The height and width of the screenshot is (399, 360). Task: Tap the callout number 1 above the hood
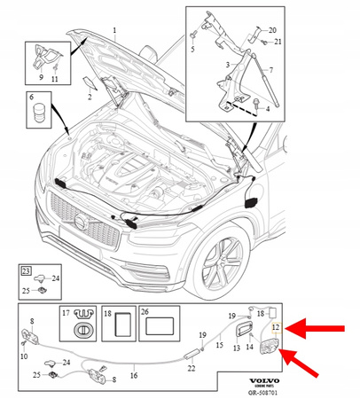(x=114, y=30)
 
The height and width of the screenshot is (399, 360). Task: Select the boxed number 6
(x=32, y=96)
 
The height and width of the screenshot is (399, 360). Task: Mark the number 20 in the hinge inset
(x=272, y=30)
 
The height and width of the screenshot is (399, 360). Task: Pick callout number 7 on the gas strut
(x=270, y=70)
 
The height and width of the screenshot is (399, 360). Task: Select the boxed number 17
(x=65, y=314)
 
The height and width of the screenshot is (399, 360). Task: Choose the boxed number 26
(x=145, y=314)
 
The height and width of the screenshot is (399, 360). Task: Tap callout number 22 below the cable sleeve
(x=192, y=369)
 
